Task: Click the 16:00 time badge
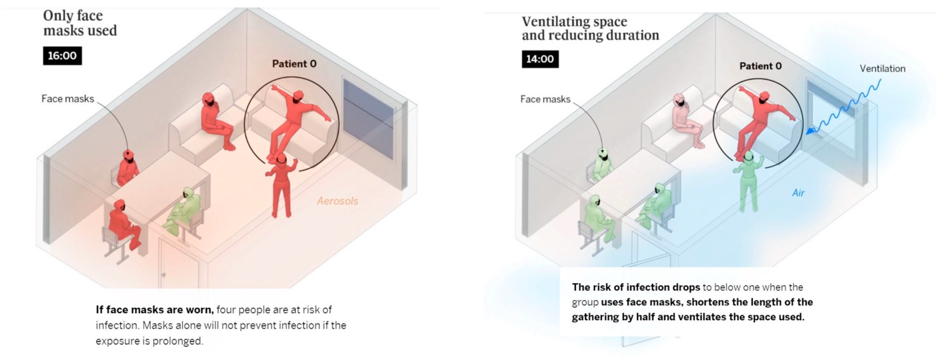click(62, 56)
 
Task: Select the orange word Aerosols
click(337, 201)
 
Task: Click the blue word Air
click(798, 193)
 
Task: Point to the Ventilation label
click(882, 69)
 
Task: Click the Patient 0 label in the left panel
click(294, 64)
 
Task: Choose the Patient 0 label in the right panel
click(760, 66)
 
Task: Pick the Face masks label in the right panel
click(545, 99)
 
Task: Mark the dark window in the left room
click(368, 117)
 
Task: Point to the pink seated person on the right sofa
click(685, 120)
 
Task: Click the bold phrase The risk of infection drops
click(636, 288)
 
